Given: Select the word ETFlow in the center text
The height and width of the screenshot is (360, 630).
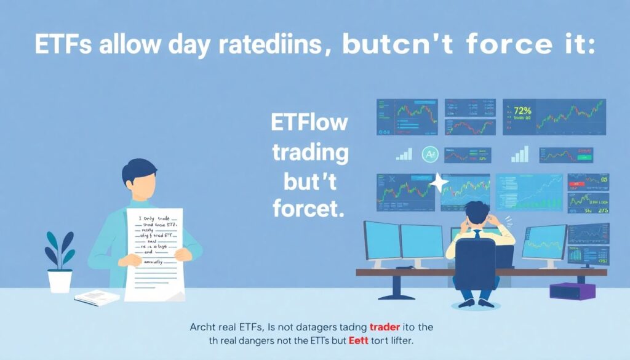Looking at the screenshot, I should click(x=309, y=122).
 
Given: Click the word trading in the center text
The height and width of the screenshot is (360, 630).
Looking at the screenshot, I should click(x=310, y=152).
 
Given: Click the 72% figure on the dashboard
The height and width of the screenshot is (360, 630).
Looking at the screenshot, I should click(x=522, y=111).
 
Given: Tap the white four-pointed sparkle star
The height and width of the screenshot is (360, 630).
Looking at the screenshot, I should click(x=439, y=182).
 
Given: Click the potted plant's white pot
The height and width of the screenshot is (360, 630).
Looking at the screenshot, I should click(x=60, y=281).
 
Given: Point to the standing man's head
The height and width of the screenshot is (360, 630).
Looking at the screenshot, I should click(x=138, y=182).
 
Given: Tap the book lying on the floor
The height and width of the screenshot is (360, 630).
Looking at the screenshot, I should click(x=97, y=298).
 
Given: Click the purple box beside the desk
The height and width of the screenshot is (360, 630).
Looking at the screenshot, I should click(x=572, y=290).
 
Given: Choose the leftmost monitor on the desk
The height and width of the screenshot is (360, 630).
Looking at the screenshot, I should click(x=381, y=241).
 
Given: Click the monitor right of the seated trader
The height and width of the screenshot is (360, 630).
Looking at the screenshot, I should click(x=544, y=242).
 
